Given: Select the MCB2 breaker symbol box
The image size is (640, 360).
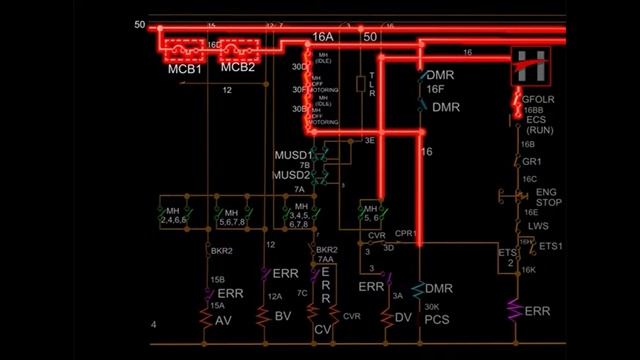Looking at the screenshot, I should (x=238, y=47).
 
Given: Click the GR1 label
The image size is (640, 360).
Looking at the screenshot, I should (x=532, y=160).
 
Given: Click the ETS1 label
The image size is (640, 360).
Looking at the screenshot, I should (x=551, y=246).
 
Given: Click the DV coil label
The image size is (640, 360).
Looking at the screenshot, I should (x=403, y=318).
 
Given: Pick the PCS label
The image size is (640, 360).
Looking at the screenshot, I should (x=438, y=319).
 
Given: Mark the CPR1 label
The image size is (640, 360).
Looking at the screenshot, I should (x=405, y=233).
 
